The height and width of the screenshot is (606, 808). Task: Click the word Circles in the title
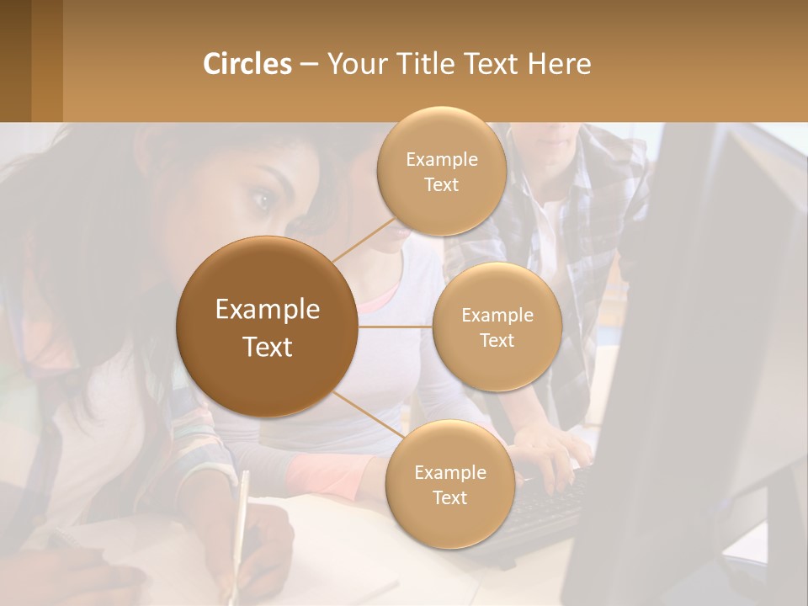[x=247, y=64]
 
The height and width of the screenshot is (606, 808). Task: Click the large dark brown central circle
[x=267, y=327]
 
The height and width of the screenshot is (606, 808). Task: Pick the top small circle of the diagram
[x=441, y=170]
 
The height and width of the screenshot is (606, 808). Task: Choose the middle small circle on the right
[x=497, y=327]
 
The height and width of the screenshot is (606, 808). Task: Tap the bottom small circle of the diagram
[x=449, y=484]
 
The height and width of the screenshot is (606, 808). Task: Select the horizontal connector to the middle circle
[x=396, y=327]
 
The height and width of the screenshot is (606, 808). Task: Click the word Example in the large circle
[x=267, y=310]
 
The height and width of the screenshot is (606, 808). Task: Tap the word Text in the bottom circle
[x=449, y=497]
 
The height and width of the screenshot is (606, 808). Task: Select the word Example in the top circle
[x=441, y=159]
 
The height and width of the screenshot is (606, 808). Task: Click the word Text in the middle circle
[x=497, y=340]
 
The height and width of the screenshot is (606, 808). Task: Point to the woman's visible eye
[x=263, y=200]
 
